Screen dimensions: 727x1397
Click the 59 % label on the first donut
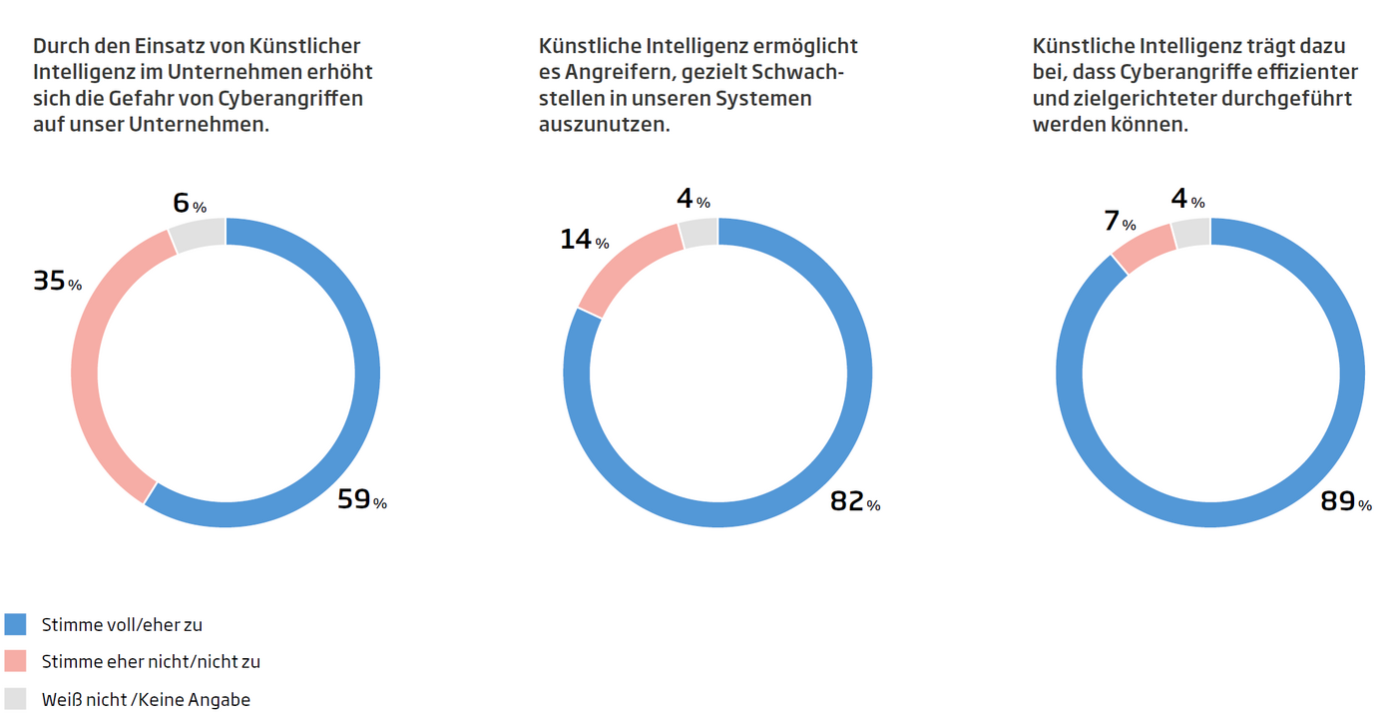pyautogui.click(x=361, y=499)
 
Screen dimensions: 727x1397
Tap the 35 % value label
pyautogui.click(x=57, y=283)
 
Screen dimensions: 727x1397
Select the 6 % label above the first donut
pyautogui.click(x=190, y=204)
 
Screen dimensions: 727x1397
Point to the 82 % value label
pyautogui.click(x=855, y=502)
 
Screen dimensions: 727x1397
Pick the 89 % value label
pyautogui.click(x=1345, y=502)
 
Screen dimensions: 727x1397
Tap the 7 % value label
pyautogui.click(x=1120, y=222)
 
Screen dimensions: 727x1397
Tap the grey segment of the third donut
pyautogui.click(x=1190, y=233)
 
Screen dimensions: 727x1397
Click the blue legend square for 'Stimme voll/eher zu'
pyautogui.click(x=15, y=624)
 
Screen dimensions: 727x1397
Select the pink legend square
pyautogui.click(x=15, y=661)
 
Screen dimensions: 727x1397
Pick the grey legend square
pyautogui.click(x=15, y=698)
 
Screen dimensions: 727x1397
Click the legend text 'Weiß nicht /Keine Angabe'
pyautogui.click(x=146, y=699)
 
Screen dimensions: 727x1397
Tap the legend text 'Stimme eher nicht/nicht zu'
pyautogui.click(x=151, y=662)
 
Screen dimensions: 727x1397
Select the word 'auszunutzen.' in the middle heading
pyautogui.click(x=604, y=126)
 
